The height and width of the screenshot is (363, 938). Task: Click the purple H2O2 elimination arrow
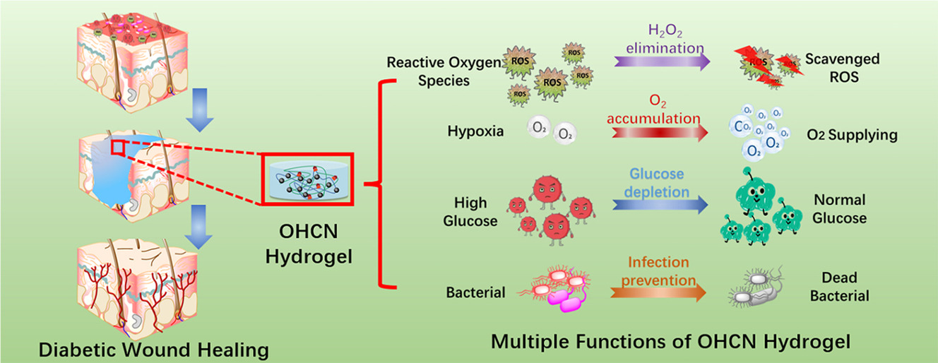[661, 62]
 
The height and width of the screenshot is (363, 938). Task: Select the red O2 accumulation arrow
[661, 132]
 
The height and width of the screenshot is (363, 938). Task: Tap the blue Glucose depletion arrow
[660, 205]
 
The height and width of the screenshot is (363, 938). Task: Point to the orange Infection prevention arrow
[660, 292]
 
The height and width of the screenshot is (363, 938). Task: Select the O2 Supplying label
[853, 135]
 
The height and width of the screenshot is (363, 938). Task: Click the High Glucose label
[470, 212]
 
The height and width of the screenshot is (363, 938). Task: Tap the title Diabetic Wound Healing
[154, 349]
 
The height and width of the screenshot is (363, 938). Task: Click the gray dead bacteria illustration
[760, 290]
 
